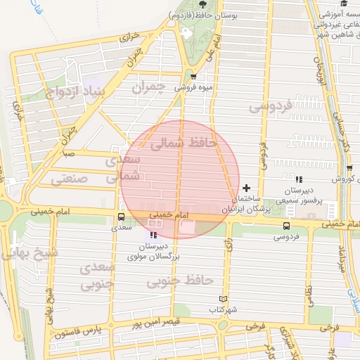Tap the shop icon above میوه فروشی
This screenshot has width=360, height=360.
[x=193, y=77]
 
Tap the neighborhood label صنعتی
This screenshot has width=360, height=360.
[x=70, y=179]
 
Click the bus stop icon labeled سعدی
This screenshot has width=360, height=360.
[x=121, y=217]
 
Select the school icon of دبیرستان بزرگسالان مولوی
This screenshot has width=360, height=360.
[x=155, y=234]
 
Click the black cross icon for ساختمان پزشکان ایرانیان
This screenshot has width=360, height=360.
[x=246, y=188]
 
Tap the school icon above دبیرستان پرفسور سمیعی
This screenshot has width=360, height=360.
[x=299, y=179]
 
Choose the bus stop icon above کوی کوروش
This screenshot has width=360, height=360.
[x=349, y=168]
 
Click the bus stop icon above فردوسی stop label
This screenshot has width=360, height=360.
[x=285, y=226]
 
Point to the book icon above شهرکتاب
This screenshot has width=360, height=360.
[x=224, y=299]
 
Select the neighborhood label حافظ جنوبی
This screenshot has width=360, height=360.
[x=180, y=281]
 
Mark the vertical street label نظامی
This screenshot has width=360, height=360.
[x=309, y=284]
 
